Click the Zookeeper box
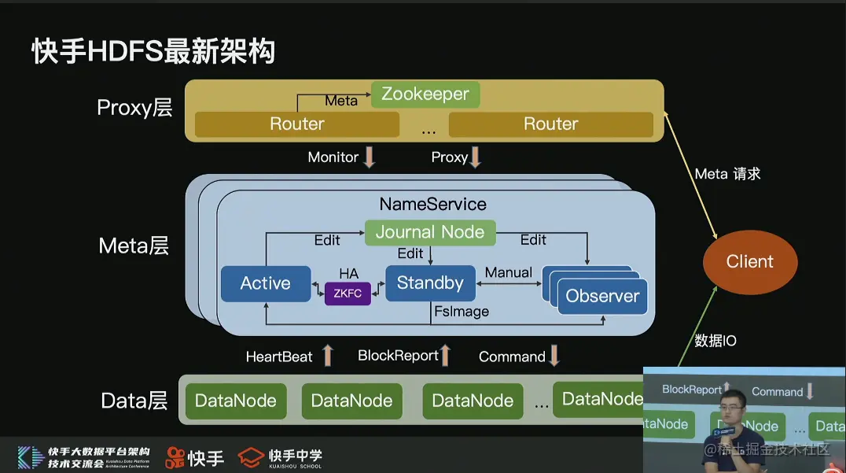pos(425,94)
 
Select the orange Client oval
pos(749,262)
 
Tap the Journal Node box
pos(430,232)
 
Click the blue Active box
pos(266,283)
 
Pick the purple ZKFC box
pos(348,293)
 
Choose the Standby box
pos(430,283)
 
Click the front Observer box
pos(602,297)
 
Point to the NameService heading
pos(432,204)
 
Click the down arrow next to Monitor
pos(369,157)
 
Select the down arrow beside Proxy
pos(475,157)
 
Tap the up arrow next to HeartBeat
pos(327,356)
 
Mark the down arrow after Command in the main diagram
pos(554,356)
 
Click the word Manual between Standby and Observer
pos(508,272)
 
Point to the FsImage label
pos(462,312)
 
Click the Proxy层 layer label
pos(134,108)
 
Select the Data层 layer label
pos(134,401)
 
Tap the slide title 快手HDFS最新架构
pos(153,51)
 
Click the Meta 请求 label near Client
pos(727,174)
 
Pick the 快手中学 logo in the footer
pos(281,456)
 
